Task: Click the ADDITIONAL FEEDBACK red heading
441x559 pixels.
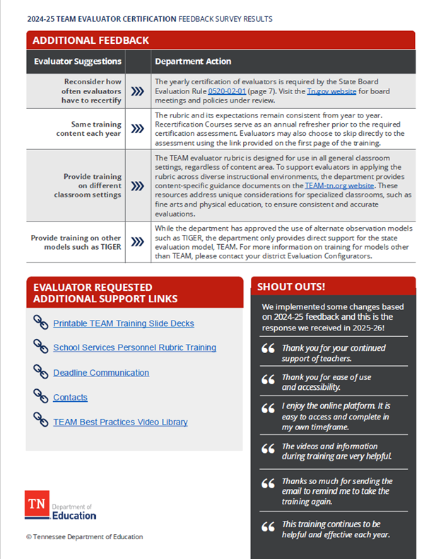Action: point(91,40)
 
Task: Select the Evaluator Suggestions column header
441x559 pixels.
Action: point(78,62)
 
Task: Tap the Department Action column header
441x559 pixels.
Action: point(193,62)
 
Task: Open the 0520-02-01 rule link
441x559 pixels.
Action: point(226,91)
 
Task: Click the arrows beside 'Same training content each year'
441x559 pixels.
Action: point(138,129)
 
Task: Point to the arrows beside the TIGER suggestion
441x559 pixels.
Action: point(138,242)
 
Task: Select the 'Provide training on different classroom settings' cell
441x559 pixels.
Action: point(88,185)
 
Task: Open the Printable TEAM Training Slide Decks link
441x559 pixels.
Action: point(123,323)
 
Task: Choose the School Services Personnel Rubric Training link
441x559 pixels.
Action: point(134,348)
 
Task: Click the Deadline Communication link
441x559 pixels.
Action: point(100,373)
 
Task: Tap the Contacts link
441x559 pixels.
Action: point(70,398)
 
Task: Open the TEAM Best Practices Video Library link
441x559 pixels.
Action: point(120,422)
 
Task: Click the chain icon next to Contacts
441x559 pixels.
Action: point(40,396)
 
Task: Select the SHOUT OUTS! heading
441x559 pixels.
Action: point(290,287)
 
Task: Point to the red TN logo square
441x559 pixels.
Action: point(36,505)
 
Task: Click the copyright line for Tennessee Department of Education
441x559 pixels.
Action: point(84,537)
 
